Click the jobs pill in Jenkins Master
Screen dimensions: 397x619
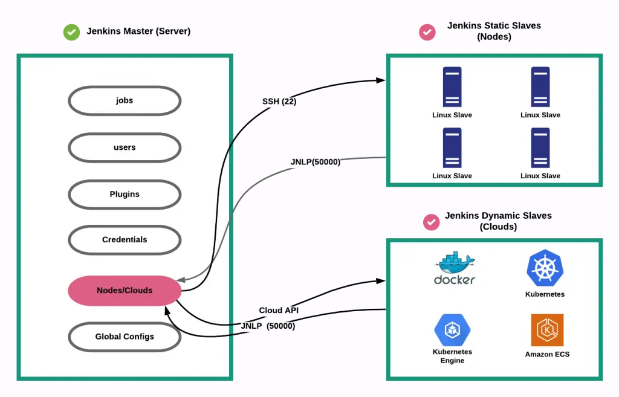[x=125, y=100]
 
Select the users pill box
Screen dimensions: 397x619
[x=125, y=147]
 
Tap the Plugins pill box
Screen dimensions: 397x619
[x=125, y=194]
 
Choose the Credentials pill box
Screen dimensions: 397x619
[x=125, y=240]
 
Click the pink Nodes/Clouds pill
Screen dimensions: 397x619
[x=125, y=291]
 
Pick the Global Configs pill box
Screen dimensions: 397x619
[x=125, y=337]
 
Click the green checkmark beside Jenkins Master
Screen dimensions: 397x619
[x=71, y=32]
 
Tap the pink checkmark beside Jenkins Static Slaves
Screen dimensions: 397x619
[x=427, y=32]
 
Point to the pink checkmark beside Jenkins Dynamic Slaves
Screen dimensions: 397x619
[x=431, y=222]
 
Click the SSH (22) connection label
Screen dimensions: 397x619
[x=279, y=101]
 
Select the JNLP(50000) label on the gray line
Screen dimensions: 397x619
[x=316, y=162]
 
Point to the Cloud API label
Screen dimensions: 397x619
[x=279, y=310]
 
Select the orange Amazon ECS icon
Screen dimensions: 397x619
[x=547, y=330]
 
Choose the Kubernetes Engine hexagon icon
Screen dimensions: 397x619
[x=452, y=330]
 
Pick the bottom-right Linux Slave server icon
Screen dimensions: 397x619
[x=540, y=147]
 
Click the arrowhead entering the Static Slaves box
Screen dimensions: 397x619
[x=381, y=80]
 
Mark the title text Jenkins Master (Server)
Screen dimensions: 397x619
[x=138, y=31]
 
